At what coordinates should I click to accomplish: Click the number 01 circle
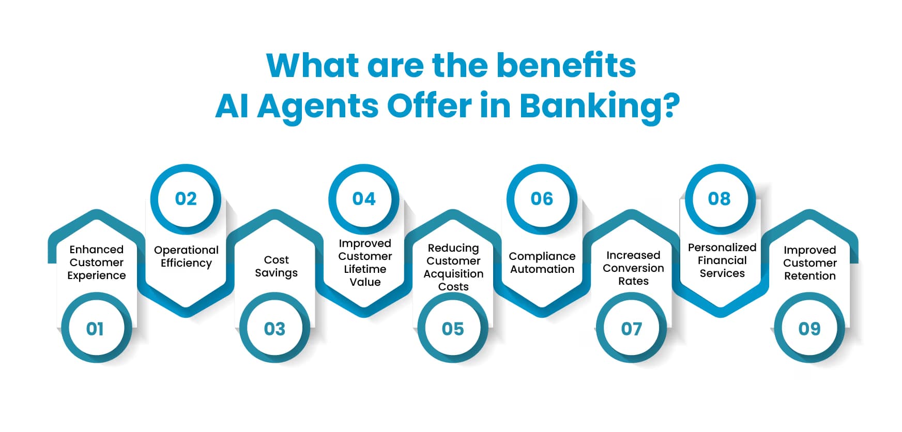tap(96, 328)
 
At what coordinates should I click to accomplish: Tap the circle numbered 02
tap(186, 199)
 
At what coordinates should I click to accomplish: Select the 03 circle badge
tap(274, 328)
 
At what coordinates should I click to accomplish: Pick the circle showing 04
tap(364, 199)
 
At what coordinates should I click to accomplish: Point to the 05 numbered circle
tap(453, 328)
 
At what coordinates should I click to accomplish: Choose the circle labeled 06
tap(542, 199)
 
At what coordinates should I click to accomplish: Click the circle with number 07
tap(631, 328)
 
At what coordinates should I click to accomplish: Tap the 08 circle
tap(720, 199)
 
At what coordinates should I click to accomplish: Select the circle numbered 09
tap(809, 328)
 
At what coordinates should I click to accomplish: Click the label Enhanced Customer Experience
tap(97, 263)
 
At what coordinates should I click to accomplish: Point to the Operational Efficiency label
tap(186, 256)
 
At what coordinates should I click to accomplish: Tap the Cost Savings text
tap(276, 266)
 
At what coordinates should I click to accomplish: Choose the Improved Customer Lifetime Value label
tap(365, 263)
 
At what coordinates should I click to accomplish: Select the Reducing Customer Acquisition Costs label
tap(453, 267)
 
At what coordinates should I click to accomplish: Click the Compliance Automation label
tap(542, 263)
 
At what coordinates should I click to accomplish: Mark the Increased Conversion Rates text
tap(633, 268)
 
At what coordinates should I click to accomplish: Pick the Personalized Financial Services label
tap(722, 260)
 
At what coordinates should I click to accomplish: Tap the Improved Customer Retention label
tap(809, 263)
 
